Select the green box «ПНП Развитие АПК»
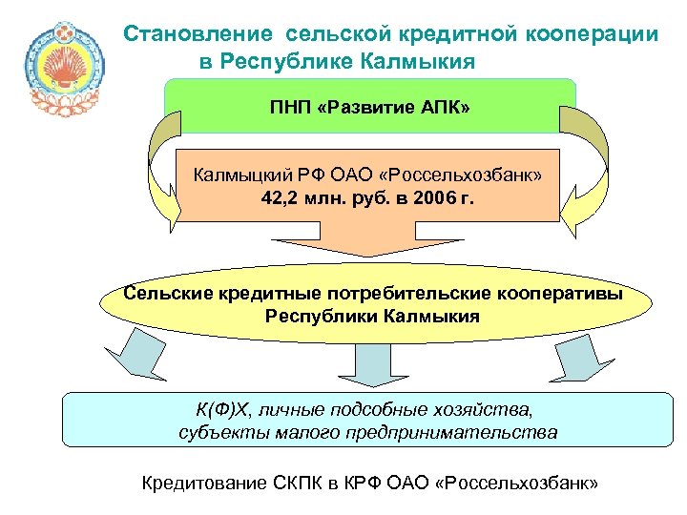coord(370,106)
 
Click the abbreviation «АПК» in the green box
coord(443,106)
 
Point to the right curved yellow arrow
coord(583,167)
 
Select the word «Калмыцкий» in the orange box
coord(234,175)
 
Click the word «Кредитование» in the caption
coord(201,483)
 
